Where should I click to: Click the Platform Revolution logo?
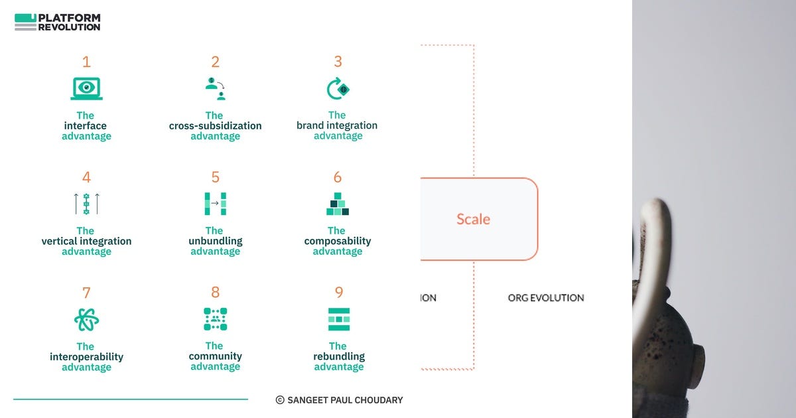pos(57,22)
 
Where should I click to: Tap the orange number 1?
pos(86,62)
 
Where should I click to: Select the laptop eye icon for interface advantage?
pos(86,88)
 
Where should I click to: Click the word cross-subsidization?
pos(215,125)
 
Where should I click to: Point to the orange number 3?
pos(338,62)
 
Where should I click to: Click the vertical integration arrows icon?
pos(86,204)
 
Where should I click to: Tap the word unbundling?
pos(215,241)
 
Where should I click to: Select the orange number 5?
pos(215,177)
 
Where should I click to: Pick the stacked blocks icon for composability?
pos(338,204)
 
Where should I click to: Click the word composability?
pos(338,241)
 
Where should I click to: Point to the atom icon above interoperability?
pos(86,320)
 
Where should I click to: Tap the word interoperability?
pos(86,357)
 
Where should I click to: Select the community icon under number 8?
pos(215,319)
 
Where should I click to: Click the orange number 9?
pos(338,293)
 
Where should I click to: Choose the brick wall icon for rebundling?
pos(338,319)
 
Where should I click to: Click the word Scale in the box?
pos(473,219)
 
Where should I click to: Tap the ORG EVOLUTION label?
pos(546,298)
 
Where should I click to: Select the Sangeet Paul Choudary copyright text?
pos(339,400)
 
